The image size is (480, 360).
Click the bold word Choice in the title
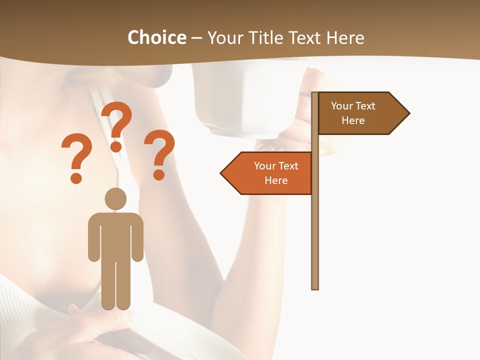click(x=156, y=37)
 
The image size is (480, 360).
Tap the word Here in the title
click(x=345, y=37)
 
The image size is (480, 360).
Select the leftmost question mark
click(x=76, y=157)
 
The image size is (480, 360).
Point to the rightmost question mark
click(x=159, y=154)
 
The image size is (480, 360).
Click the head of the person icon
click(x=115, y=199)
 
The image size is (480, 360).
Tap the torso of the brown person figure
click(x=115, y=235)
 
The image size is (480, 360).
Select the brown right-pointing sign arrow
click(x=360, y=113)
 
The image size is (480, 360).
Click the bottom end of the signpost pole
click(x=315, y=287)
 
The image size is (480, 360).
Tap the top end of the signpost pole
click(x=315, y=94)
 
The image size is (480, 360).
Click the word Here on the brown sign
click(x=353, y=120)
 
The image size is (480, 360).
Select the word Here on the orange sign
click(x=276, y=180)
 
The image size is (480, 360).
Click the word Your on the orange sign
click(x=264, y=166)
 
